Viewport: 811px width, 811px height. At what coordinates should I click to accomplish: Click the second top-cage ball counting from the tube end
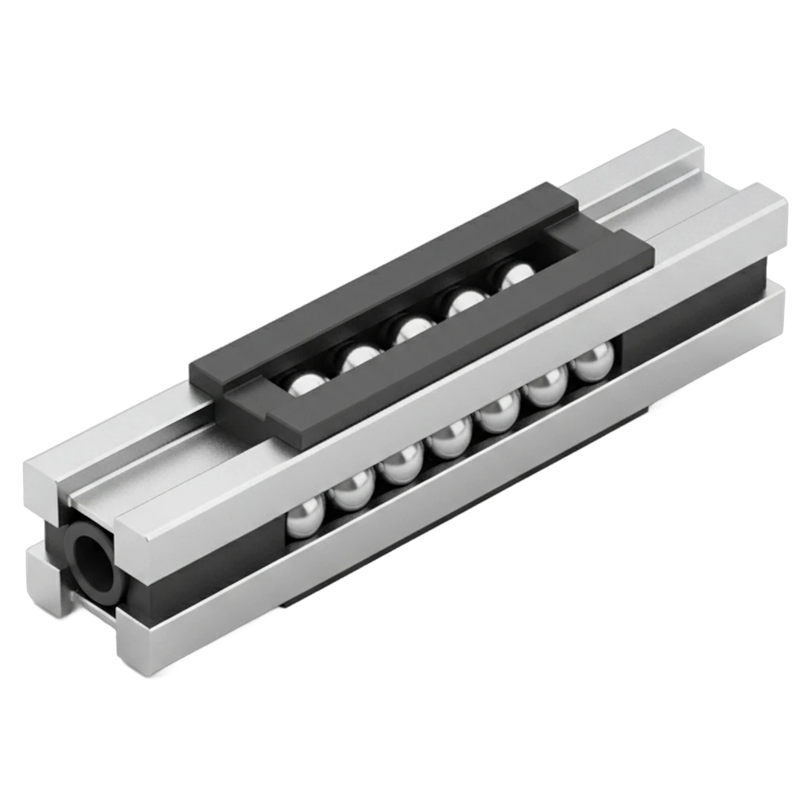[x=354, y=357]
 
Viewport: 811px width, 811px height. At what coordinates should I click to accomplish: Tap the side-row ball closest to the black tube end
[x=303, y=519]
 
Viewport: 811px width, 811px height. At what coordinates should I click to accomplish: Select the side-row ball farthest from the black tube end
[x=590, y=365]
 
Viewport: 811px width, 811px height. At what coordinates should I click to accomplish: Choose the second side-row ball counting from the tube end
[x=352, y=491]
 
